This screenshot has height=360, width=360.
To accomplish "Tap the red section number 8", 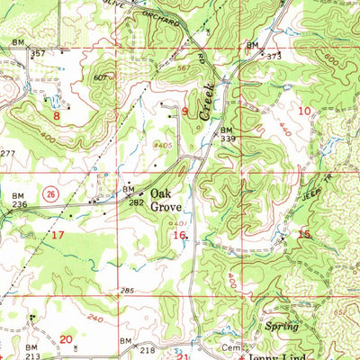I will click(x=56, y=115).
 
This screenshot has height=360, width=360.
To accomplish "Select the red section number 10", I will click(x=303, y=110).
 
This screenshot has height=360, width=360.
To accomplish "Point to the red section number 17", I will click(x=58, y=235).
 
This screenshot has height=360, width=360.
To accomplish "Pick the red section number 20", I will click(x=66, y=338).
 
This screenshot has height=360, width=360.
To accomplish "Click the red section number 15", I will click(x=304, y=234).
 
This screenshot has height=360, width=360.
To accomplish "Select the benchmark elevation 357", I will click(x=38, y=53).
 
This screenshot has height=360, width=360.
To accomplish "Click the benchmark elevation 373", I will click(x=274, y=56).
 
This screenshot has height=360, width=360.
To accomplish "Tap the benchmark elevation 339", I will click(x=228, y=139).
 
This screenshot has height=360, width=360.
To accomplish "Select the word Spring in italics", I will click(x=282, y=326).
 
